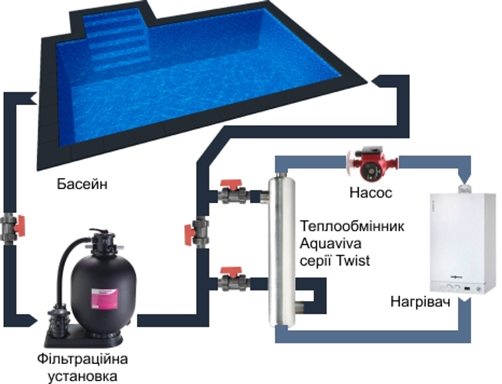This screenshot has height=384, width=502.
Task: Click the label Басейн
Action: (x=82, y=184)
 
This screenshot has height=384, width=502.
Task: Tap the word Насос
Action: (x=371, y=193)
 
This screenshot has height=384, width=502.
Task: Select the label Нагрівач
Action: (x=420, y=302)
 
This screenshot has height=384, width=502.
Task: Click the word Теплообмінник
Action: (x=352, y=226)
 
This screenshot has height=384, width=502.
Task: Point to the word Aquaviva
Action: (x=331, y=244)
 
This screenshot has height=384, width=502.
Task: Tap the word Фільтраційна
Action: (x=82, y=359)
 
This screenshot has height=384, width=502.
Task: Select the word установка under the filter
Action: (x=82, y=376)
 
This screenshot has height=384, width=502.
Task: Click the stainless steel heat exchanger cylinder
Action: (x=281, y=249)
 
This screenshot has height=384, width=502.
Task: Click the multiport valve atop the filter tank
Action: (x=101, y=240)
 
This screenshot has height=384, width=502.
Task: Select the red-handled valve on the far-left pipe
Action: (x=12, y=227)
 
